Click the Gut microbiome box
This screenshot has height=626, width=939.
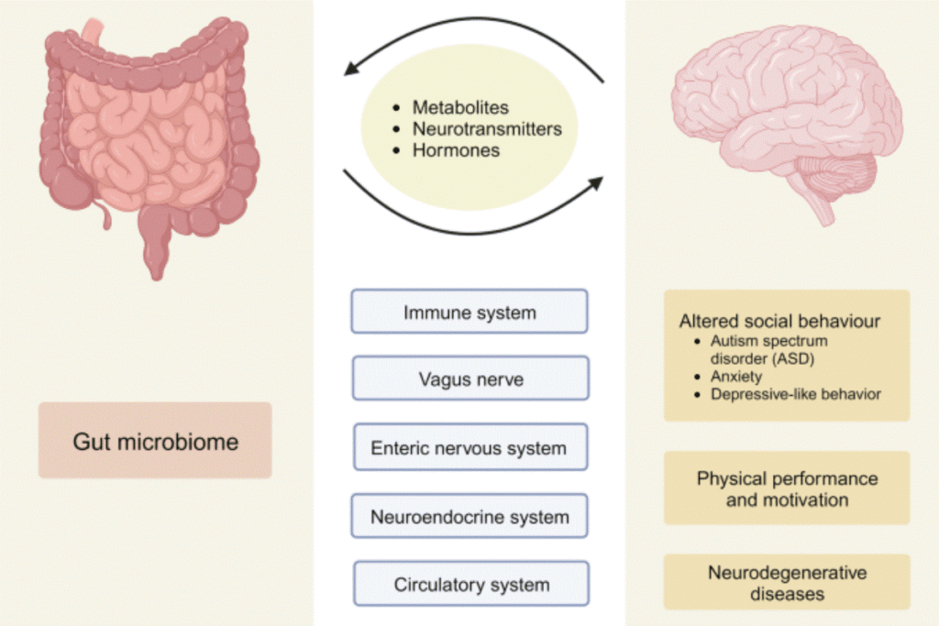tap(155, 441)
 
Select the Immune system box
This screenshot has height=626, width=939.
tap(469, 312)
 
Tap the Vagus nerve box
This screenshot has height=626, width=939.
tap(470, 379)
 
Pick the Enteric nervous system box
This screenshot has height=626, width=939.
tap(469, 448)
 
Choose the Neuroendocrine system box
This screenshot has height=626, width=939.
tap(469, 516)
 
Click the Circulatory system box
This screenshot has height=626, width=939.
tap(470, 584)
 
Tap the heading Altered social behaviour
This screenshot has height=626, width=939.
tap(780, 321)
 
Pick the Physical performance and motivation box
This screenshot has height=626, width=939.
tap(787, 489)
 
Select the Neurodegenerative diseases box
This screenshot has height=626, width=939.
tap(787, 584)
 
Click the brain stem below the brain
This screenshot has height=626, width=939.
tap(821, 209)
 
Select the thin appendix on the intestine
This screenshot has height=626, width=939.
tap(106, 218)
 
